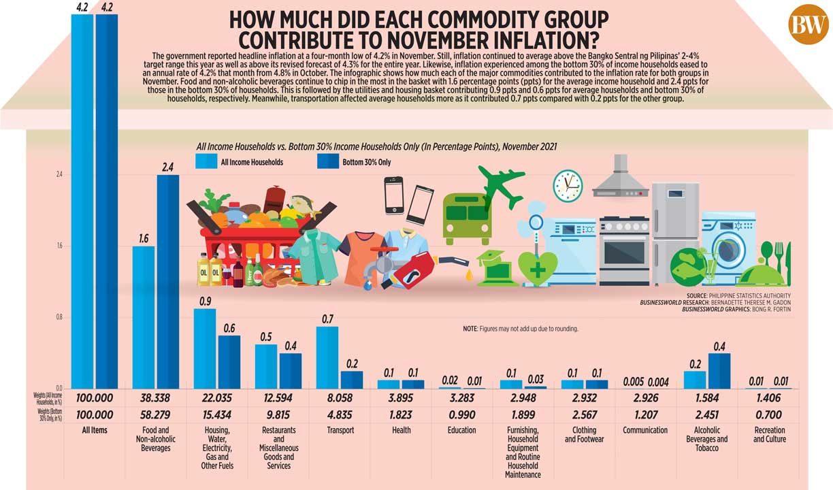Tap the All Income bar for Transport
tap(327, 357)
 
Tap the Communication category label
tap(645, 430)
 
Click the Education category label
tap(461, 430)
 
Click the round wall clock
tap(568, 184)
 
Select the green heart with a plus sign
tap(538, 268)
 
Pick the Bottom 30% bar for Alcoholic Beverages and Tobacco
tap(719, 371)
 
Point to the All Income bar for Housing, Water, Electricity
tap(205, 348)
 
